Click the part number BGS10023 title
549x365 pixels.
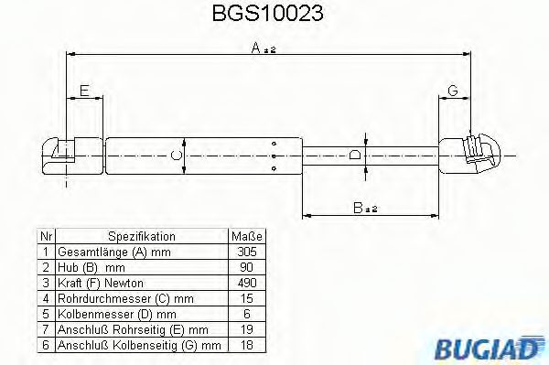[274, 16]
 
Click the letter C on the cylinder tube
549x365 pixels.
[178, 156]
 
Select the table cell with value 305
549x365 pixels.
[245, 251]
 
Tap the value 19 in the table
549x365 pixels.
[245, 328]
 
